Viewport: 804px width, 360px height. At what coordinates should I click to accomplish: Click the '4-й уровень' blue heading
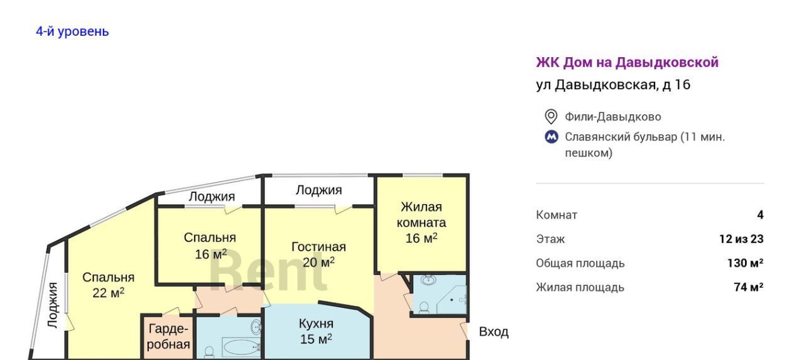(72, 31)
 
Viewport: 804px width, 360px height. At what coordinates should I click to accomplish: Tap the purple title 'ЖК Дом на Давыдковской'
(627, 62)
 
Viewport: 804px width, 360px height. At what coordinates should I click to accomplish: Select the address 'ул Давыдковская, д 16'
(613, 85)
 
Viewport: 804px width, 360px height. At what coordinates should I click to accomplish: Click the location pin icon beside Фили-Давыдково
(551, 117)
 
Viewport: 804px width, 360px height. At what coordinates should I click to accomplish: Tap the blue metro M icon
(551, 137)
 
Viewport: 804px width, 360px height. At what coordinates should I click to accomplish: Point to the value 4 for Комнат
(760, 215)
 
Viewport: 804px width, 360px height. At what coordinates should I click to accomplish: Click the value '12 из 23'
(741, 239)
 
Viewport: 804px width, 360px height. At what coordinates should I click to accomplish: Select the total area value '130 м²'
(745, 263)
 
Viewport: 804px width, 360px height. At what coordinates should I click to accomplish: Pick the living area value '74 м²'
(748, 287)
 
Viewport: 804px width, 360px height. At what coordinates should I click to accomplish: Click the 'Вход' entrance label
(494, 332)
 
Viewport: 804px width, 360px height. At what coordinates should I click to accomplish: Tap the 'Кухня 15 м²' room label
(316, 331)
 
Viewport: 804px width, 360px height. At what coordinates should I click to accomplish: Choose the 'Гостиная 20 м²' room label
(318, 254)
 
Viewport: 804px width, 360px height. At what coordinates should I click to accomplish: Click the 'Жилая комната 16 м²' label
(421, 222)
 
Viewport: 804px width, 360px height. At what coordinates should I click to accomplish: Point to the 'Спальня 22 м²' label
(109, 285)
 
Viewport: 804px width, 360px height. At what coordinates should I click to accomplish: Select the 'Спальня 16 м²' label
(210, 246)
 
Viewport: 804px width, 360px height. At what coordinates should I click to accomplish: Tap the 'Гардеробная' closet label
(168, 337)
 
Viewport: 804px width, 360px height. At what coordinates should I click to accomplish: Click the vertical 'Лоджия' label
(53, 305)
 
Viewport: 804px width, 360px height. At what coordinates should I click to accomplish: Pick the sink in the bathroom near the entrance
(428, 280)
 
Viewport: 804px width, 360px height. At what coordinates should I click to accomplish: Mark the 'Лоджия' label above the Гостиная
(318, 190)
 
